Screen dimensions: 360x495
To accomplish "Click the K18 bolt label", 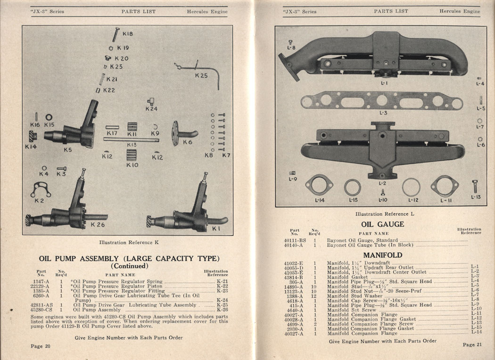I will pyautogui.click(x=127, y=34).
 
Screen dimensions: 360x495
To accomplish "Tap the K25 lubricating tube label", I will pyautogui.click(x=201, y=75).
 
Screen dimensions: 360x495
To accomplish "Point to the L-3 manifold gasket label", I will pyautogui.click(x=383, y=113).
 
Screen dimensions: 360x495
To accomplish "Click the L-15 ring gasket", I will pyautogui.click(x=352, y=187).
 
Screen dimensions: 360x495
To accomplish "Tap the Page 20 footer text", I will pyautogui.click(x=41, y=346).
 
